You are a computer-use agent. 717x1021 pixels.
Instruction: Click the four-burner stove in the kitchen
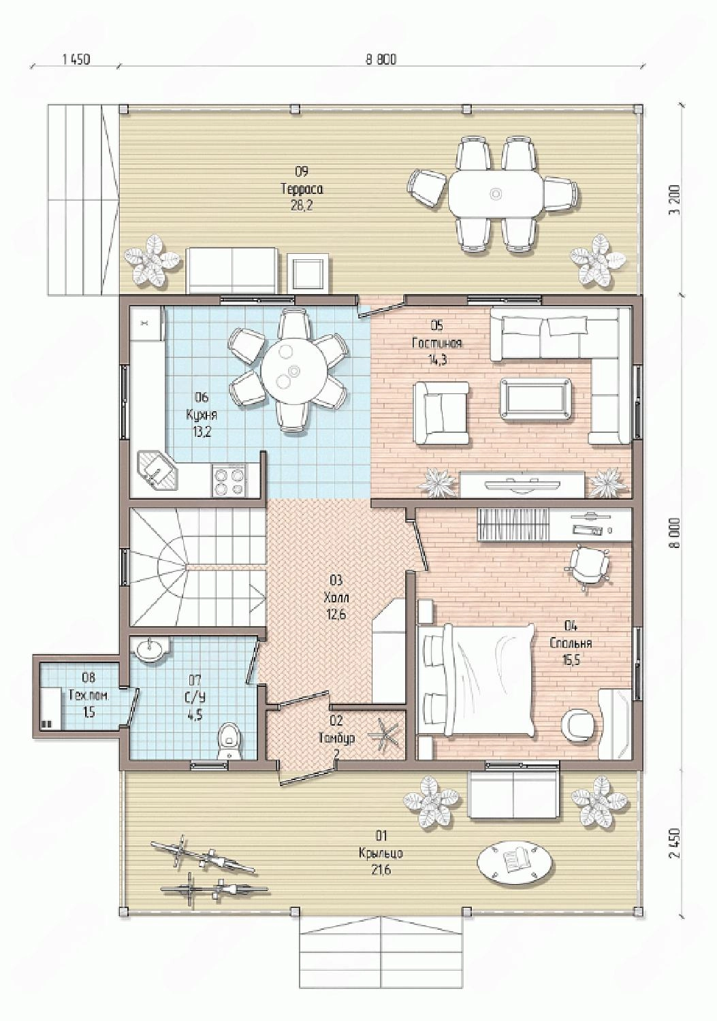coord(228,481)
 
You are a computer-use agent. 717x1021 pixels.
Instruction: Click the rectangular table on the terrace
coord(496,195)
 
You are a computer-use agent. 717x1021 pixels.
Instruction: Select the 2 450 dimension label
coord(675,843)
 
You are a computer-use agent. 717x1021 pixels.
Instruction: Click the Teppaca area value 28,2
coord(302,206)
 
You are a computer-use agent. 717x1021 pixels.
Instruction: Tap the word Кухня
coord(202,415)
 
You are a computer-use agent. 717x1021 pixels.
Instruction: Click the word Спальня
coord(571,643)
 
